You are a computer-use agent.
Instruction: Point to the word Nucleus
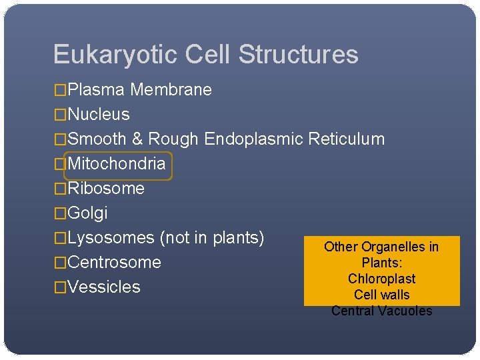99,115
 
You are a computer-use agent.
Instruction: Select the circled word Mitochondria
117,164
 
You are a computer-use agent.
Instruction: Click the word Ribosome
106,189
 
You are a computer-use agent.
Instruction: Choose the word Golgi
87,213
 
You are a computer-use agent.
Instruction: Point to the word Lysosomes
111,238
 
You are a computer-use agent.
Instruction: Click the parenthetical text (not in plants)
212,238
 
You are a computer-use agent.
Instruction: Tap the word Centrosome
114,263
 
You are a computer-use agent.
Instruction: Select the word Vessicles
104,287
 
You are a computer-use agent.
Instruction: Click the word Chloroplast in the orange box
381,279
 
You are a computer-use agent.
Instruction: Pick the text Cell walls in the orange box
381,295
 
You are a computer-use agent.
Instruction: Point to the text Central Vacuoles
381,311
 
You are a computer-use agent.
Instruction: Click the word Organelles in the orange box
394,247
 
